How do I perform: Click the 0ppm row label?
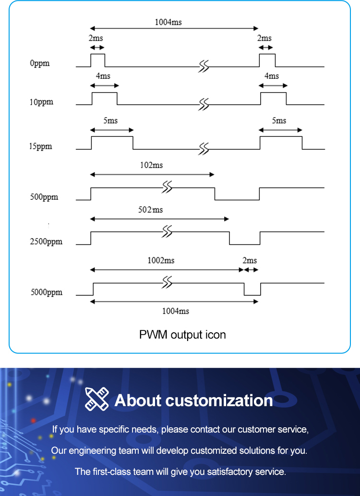(40, 63)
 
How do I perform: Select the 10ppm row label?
(41, 102)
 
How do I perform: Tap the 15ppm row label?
(41, 146)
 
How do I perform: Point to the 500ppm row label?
(44, 197)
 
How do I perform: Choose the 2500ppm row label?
(46, 242)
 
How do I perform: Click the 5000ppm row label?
(47, 292)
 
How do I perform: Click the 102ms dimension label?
(152, 165)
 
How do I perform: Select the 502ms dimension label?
(151, 210)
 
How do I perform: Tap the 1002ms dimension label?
(161, 260)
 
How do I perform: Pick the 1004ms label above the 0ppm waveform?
(168, 22)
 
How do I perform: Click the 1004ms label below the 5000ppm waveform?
(176, 311)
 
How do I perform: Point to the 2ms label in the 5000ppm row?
(250, 260)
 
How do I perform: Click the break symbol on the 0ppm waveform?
(204, 67)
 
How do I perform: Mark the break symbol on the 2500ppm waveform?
(167, 231)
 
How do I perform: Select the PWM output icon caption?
(182, 335)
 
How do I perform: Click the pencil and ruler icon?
(97, 399)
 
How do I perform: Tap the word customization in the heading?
(219, 400)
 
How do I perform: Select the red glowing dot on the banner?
(33, 421)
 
